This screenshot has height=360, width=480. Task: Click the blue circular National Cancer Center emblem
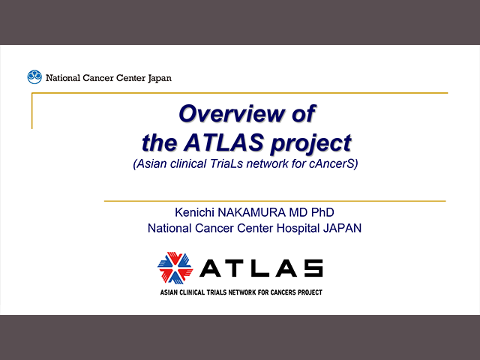click(34, 76)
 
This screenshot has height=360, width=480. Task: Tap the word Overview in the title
click(232, 113)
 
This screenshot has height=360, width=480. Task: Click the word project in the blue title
click(310, 144)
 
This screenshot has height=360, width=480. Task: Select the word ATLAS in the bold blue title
click(223, 142)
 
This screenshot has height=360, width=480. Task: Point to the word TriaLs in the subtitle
click(226, 163)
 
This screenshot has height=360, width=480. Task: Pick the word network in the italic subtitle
click(267, 163)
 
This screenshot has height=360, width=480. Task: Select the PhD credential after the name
click(322, 212)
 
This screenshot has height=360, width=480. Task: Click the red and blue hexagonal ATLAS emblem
click(175, 268)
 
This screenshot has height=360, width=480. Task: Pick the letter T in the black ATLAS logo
click(235, 268)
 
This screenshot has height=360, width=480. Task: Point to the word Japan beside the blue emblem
click(160, 78)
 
